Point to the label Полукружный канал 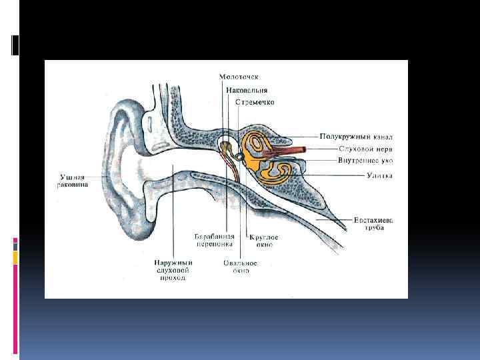355,137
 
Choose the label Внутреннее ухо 355,160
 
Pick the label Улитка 379,175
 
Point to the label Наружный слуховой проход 172,270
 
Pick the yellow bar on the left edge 15,257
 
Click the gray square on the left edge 15,247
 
